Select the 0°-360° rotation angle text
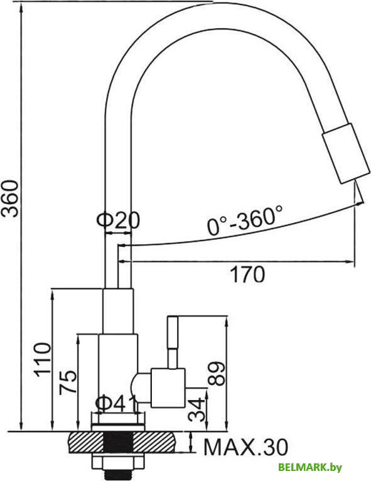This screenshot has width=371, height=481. [245, 220]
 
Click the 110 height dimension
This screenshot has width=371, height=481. [43, 359]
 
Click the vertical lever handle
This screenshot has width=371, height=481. [173, 340]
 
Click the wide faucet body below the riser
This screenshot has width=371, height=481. [118, 370]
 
